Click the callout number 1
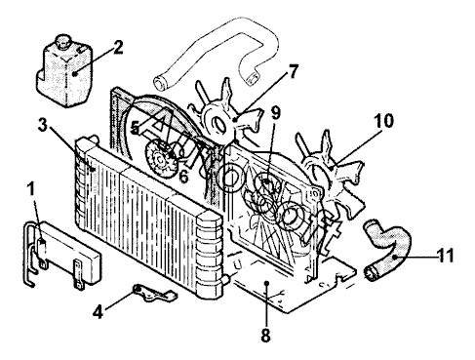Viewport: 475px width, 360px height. point(31,189)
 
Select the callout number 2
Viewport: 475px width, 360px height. point(118,48)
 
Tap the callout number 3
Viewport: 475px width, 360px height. point(43,125)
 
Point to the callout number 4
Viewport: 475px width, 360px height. point(98,312)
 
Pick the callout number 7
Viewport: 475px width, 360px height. point(294,71)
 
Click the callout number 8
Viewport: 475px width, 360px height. point(265,335)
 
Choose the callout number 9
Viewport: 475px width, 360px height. point(276,113)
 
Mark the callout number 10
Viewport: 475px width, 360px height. point(383,121)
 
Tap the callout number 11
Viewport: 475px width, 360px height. point(445,256)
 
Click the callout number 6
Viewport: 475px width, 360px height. point(183,176)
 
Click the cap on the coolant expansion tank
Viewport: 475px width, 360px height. point(62,41)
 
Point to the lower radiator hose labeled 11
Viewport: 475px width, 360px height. point(387,249)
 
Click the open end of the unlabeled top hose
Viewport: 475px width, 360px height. point(160,83)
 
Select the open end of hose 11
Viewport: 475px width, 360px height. point(371,274)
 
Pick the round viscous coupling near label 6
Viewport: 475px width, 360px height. point(160,159)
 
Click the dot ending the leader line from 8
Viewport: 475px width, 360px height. point(266,283)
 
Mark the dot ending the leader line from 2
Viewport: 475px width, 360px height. point(75,74)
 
